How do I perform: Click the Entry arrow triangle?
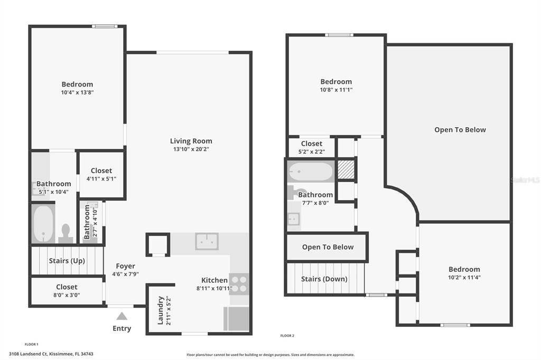(122, 316)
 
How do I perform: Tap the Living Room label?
(191, 141)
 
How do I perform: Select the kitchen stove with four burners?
(239, 284)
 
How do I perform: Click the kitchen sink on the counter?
(207, 241)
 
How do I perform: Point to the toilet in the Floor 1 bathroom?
(66, 233)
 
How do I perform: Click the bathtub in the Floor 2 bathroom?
(311, 172)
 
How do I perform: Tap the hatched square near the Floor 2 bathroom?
(346, 169)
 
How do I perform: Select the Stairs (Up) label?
(67, 261)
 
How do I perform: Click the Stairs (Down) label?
(324, 279)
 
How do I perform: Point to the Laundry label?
(161, 311)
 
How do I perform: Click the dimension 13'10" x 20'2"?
(191, 149)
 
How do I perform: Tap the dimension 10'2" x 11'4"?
(464, 277)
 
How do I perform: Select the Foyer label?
(125, 266)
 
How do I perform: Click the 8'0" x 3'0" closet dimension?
(67, 295)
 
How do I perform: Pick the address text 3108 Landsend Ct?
(28, 354)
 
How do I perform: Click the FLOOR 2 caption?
(287, 336)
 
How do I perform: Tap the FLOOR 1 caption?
(31, 344)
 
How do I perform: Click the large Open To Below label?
(460, 130)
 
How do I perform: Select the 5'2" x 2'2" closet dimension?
(312, 151)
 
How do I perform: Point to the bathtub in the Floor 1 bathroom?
(43, 224)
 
